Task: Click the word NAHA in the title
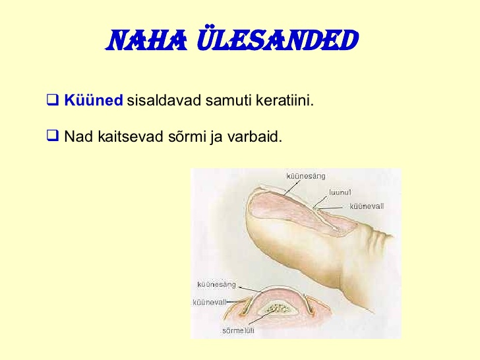(146, 40)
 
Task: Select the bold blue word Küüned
(94, 100)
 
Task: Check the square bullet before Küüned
(52, 100)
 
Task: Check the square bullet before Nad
(52, 135)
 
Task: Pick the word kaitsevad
(131, 136)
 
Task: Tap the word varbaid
(255, 136)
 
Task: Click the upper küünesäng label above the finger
(305, 176)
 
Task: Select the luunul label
(340, 193)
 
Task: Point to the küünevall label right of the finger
(367, 206)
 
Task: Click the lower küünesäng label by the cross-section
(217, 285)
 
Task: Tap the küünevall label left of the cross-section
(210, 303)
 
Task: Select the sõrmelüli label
(238, 330)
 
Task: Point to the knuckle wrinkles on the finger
(380, 235)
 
